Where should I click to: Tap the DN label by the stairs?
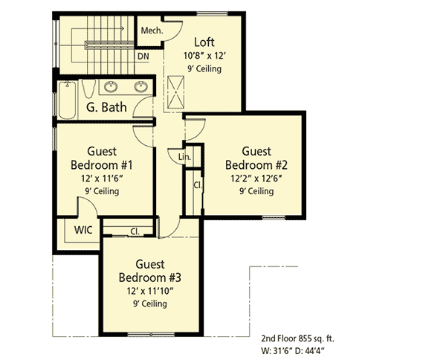pyautogui.click(x=143, y=56)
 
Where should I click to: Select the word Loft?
pyautogui.click(x=206, y=42)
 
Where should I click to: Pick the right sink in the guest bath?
pyautogui.click(x=140, y=86)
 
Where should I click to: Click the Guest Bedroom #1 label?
pyautogui.click(x=103, y=158)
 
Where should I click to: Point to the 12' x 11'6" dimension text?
pyautogui.click(x=103, y=179)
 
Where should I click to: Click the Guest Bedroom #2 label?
pyautogui.click(x=256, y=158)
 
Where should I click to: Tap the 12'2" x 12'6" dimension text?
pyautogui.click(x=256, y=179)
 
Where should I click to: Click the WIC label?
pyautogui.click(x=83, y=230)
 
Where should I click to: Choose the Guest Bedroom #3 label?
pyautogui.click(x=152, y=271)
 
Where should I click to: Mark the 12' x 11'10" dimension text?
pyautogui.click(x=150, y=291)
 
